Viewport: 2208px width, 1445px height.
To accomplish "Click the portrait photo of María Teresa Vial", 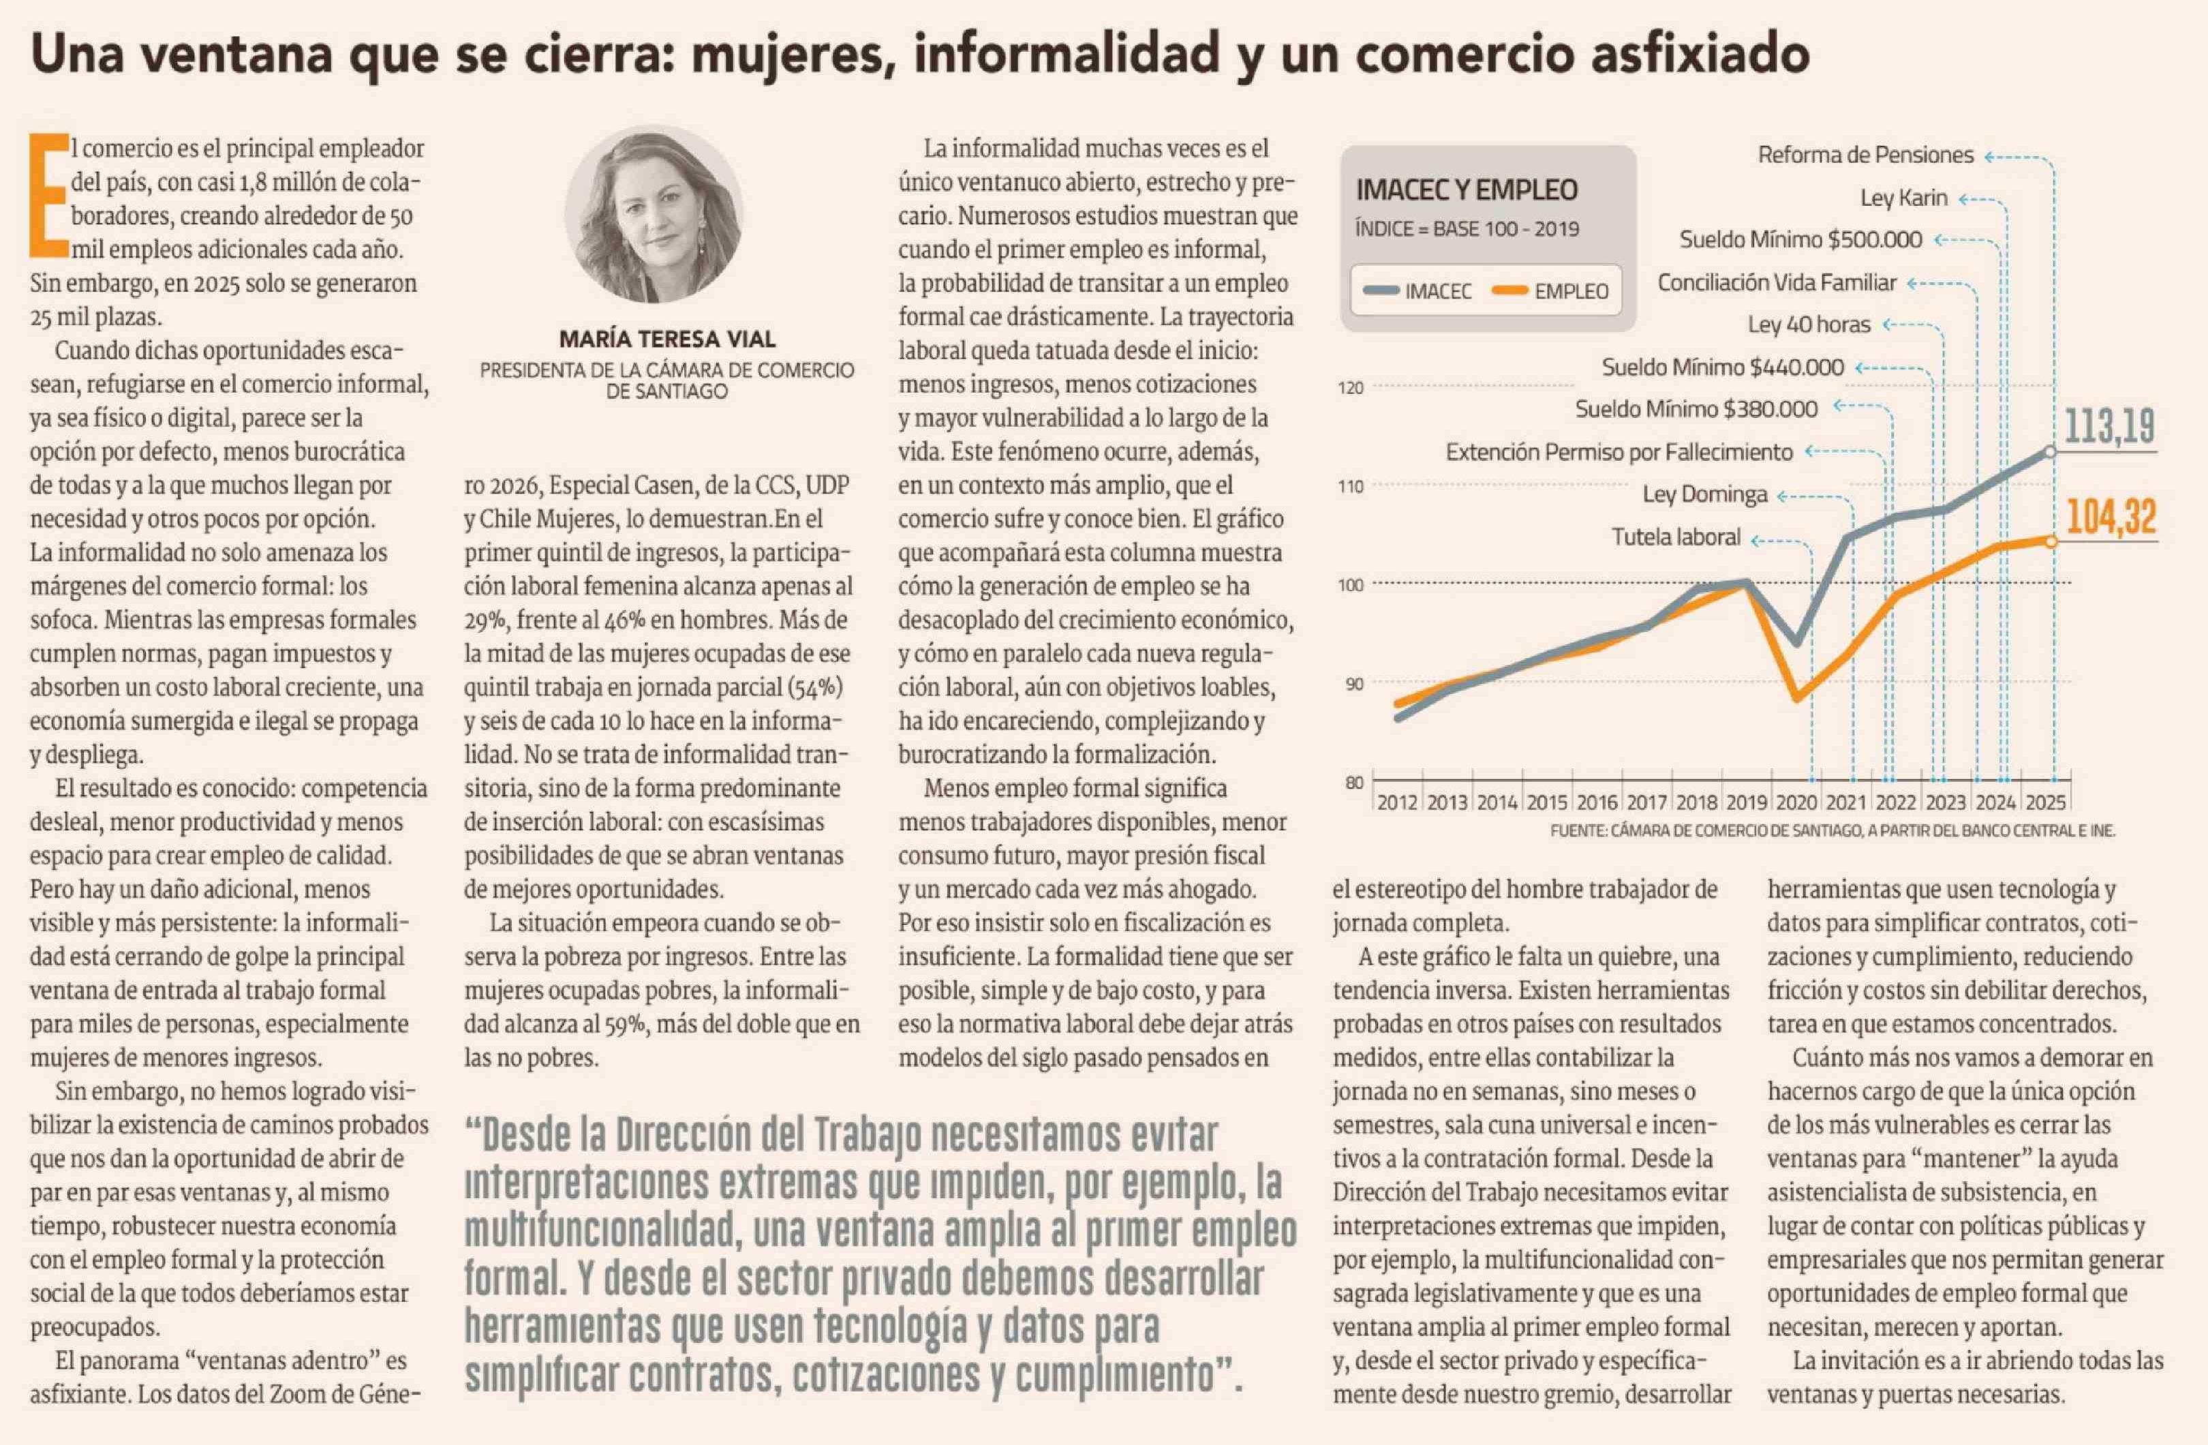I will click(654, 215).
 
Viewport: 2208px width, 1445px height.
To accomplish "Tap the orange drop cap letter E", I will click(49, 195).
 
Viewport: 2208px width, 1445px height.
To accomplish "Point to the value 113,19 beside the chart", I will click(2109, 427).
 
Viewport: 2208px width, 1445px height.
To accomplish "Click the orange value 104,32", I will click(2111, 517).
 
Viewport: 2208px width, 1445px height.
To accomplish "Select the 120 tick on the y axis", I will click(1350, 388).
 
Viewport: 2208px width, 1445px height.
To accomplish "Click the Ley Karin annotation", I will click(1903, 198).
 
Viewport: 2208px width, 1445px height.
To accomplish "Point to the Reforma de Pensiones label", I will click(1865, 155).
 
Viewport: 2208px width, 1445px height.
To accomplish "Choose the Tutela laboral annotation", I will click(1676, 537).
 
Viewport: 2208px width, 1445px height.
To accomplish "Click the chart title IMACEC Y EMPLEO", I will click(1466, 190).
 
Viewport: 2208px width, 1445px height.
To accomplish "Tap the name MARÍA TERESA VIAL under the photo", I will click(667, 339).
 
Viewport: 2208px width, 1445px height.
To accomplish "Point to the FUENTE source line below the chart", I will click(1833, 831).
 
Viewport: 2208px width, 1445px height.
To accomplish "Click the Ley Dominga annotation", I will click(1704, 495).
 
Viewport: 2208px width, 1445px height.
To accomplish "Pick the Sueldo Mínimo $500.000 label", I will click(1800, 239).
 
